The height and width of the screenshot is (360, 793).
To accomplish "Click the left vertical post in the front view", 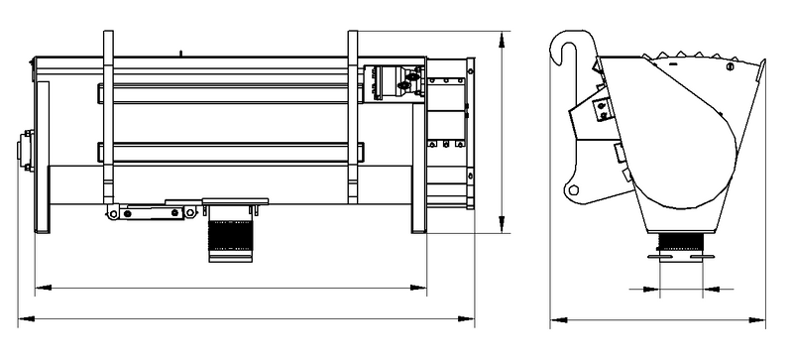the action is [108, 119].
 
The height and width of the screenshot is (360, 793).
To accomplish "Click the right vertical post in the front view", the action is [353, 119].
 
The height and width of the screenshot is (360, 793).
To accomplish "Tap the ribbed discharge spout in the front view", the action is [230, 238].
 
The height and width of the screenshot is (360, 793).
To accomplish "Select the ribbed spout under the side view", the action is [681, 242].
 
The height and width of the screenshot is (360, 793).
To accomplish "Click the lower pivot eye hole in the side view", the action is [572, 187].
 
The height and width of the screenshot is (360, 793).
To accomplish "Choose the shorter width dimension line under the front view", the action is [228, 288].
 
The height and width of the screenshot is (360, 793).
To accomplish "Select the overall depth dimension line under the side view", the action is [659, 320].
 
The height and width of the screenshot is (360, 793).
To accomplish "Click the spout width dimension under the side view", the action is [681, 290].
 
